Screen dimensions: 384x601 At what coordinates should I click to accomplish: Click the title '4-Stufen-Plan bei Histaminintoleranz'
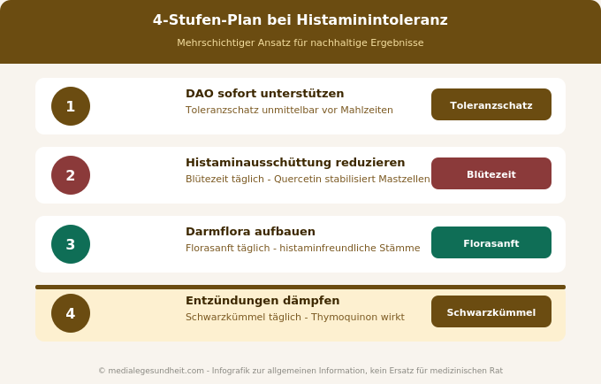click(x=300, y=20)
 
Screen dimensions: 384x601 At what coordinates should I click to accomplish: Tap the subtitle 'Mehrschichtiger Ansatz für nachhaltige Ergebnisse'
click(x=300, y=42)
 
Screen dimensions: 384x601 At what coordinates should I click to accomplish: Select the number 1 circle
click(x=71, y=106)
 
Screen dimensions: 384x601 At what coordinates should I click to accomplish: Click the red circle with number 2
click(x=71, y=175)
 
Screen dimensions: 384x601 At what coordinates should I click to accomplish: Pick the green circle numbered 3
click(x=71, y=244)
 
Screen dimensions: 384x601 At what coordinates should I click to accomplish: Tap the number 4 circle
click(x=71, y=313)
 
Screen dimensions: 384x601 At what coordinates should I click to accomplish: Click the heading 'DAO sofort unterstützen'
click(x=264, y=94)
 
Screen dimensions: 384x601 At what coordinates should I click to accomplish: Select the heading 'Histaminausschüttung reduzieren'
click(x=295, y=163)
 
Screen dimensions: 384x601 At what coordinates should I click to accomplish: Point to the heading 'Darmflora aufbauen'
click(x=250, y=232)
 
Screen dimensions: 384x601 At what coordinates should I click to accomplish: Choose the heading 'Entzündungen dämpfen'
click(x=262, y=301)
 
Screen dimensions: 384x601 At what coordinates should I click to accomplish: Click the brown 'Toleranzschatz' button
click(x=491, y=104)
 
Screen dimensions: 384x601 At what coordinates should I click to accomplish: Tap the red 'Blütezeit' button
click(x=491, y=173)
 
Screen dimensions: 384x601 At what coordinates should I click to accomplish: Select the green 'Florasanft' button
click(x=491, y=242)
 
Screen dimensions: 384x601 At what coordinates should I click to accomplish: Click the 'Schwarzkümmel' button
click(x=491, y=311)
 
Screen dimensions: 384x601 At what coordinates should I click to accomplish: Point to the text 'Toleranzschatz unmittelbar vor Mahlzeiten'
click(x=289, y=111)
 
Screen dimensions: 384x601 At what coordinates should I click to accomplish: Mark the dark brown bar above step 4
click(x=300, y=287)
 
